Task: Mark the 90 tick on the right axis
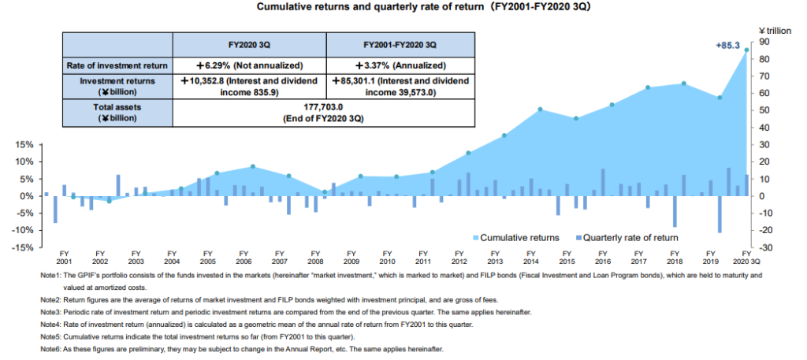point(764,43)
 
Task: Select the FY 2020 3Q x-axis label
point(744,258)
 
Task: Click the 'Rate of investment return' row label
point(117,65)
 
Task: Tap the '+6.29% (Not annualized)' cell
point(248,65)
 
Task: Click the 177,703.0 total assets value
point(324,106)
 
